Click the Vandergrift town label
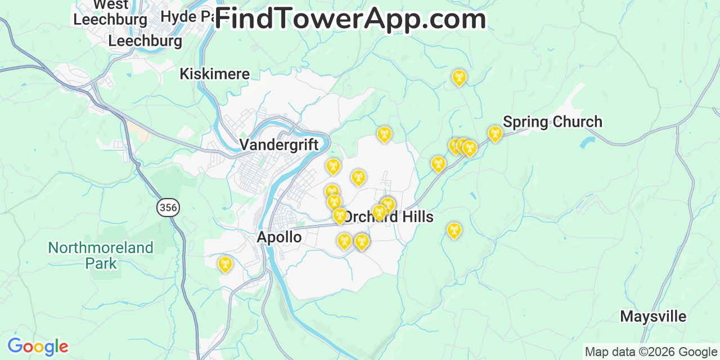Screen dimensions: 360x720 pos(279,145)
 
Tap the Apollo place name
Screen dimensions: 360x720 pos(279,237)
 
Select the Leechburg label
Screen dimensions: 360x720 pos(145,41)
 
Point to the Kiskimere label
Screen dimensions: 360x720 pos(214,74)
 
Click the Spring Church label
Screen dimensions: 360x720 pos(552,122)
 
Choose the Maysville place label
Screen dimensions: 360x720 pos(653,317)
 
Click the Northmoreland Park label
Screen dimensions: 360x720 pos(101,255)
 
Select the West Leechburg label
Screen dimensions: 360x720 pos(110,12)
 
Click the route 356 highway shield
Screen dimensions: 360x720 pos(168,208)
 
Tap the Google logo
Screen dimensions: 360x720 pos(38,346)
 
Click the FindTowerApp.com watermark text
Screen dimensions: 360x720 pos(350,19)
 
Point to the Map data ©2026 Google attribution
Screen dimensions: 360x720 pos(651,352)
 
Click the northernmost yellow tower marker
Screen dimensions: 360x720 pos(459,77)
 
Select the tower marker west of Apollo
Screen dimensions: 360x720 pos(225,264)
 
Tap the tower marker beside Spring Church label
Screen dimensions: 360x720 pos(495,133)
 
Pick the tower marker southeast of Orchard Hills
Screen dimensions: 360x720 pos(454,230)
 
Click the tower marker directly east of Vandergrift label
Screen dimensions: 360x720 pos(333,166)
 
